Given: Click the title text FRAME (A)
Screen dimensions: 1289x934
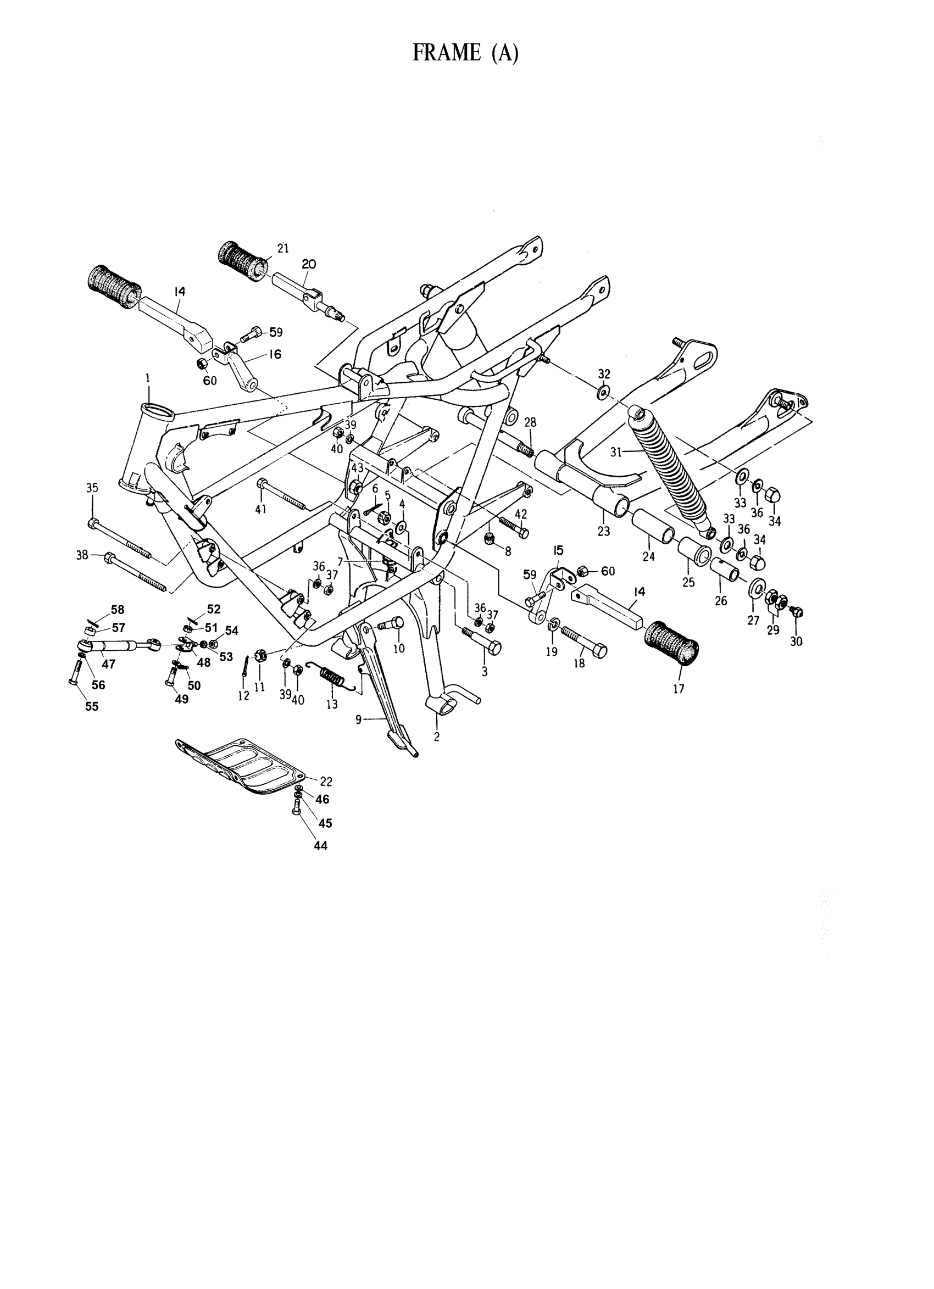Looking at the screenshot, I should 465,53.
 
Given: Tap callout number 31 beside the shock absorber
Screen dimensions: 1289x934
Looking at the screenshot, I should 617,453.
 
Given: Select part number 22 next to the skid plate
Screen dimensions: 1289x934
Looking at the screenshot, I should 326,781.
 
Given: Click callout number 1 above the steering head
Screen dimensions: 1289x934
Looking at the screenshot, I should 148,377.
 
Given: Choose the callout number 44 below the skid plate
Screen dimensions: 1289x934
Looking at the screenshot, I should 321,862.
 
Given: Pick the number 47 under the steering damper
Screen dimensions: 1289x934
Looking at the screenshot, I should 109,663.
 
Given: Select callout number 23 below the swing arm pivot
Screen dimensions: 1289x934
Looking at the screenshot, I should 603,531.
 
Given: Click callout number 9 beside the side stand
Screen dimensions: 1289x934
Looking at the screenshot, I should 359,719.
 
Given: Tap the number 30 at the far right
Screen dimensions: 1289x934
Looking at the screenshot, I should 796,641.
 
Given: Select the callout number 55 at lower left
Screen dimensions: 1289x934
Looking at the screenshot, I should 92,706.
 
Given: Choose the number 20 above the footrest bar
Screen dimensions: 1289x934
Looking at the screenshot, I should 309,264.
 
